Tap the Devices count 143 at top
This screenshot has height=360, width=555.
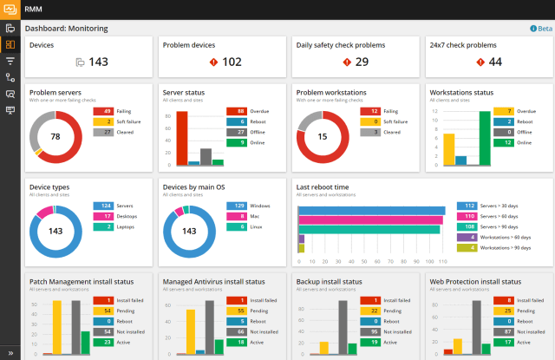pos(98,62)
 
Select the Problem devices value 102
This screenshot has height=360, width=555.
pos(232,62)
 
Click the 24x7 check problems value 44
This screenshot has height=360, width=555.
pos(494,62)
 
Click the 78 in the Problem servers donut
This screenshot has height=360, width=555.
pos(55,136)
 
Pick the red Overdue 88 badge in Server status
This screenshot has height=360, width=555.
pos(238,111)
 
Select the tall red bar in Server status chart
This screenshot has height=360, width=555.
pos(181,138)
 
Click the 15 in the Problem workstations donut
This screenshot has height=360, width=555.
pos(322,136)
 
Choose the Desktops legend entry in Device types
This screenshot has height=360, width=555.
pos(126,216)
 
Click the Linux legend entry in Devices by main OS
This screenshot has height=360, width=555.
pos(258,226)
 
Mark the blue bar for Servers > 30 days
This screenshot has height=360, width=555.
pos(372,211)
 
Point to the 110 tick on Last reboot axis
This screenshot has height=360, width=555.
pos(442,260)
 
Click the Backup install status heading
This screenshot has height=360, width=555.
pos(330,281)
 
